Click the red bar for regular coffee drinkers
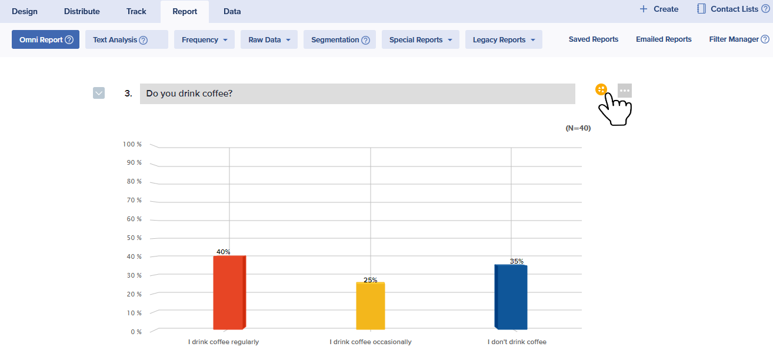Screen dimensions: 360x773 point(229,292)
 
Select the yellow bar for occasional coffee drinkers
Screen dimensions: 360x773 point(370,306)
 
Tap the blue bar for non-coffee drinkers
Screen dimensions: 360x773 point(511,297)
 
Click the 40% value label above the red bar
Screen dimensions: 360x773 point(224,252)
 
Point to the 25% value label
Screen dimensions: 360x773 point(370,280)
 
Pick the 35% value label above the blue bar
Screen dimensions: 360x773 point(517,261)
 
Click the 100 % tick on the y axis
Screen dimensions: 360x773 point(132,144)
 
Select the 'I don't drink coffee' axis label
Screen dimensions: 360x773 point(517,342)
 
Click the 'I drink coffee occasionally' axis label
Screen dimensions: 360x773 point(371,342)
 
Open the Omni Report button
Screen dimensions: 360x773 point(45,40)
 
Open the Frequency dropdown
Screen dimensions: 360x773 point(204,40)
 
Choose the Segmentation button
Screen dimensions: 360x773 point(339,40)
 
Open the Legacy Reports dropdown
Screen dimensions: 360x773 point(504,40)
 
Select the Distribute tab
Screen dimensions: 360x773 point(82,11)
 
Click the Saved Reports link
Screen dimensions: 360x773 point(594,39)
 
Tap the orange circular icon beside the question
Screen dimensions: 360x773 point(601,89)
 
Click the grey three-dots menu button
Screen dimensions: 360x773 point(625,91)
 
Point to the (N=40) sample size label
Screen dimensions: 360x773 point(578,128)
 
